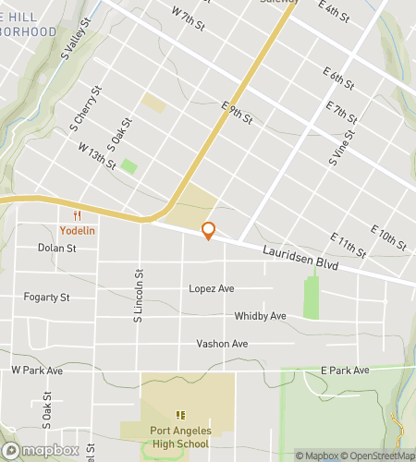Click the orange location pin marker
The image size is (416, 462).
point(208,231)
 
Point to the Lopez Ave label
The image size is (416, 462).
point(212,289)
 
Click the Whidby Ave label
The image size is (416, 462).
point(260,316)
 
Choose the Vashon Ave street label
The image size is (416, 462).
point(222,344)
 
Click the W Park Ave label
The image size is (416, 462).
point(37,370)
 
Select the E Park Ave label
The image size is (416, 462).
point(345,370)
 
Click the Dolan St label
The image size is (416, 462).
point(56,248)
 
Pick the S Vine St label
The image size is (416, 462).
point(341,148)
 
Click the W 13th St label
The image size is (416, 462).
point(97,156)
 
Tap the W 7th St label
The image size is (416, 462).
point(188,16)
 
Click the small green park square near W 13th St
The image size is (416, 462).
point(129,166)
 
